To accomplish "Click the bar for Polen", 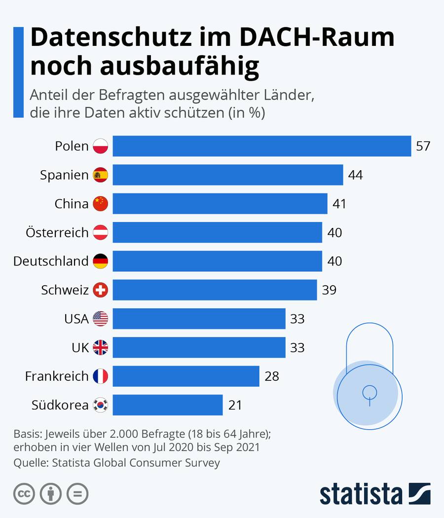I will (261, 146).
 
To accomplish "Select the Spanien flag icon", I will (101, 175).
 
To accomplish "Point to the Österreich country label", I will (57, 232).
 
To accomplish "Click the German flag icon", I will (101, 261).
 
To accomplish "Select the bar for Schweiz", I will (215, 290).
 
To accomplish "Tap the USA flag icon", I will (101, 319).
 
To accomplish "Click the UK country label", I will (80, 347).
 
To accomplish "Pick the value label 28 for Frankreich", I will (271, 376).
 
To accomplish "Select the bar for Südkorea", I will (168, 405).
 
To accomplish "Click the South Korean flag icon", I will (101, 405).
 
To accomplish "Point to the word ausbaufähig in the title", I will (180, 67).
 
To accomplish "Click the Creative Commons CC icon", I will (24, 493).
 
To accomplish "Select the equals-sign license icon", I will (77, 493).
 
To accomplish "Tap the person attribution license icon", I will (51, 493).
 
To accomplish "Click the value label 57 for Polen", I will (423, 146).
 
